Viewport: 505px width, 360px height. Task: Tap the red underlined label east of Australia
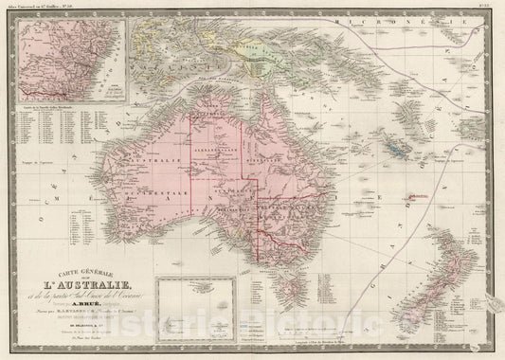[421, 196]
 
